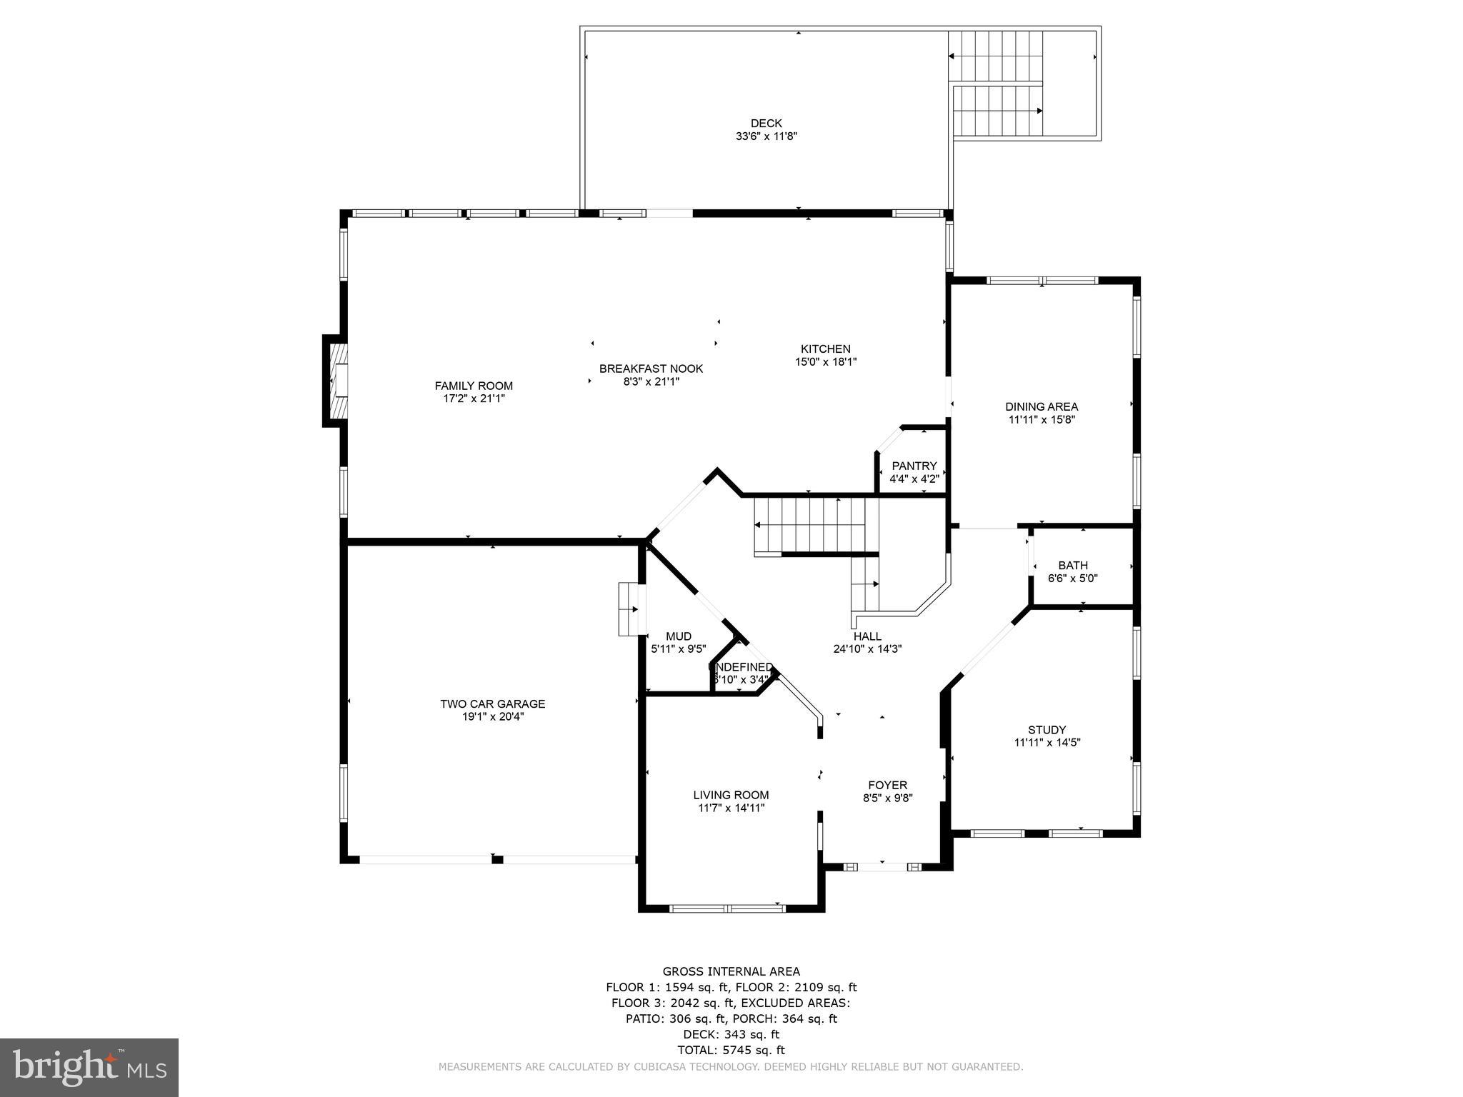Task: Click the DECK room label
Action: (x=766, y=124)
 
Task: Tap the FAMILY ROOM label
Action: (x=474, y=386)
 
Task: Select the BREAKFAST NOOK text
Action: (x=651, y=369)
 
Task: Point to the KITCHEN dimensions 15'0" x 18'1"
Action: (x=826, y=362)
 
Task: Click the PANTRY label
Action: (x=914, y=466)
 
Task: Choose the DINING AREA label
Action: (x=1042, y=407)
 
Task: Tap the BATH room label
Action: (x=1073, y=566)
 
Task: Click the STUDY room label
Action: (x=1047, y=730)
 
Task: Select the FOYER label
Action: (x=887, y=785)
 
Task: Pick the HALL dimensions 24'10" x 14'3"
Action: (x=867, y=649)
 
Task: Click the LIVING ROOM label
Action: (x=731, y=795)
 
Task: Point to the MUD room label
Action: (x=678, y=636)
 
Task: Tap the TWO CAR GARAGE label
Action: (x=492, y=703)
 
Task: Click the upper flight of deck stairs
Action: (x=995, y=57)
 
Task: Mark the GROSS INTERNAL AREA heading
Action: (x=731, y=971)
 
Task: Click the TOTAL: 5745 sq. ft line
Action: (x=731, y=1050)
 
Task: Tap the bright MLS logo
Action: (x=89, y=1068)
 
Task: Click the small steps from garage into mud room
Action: (x=629, y=609)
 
